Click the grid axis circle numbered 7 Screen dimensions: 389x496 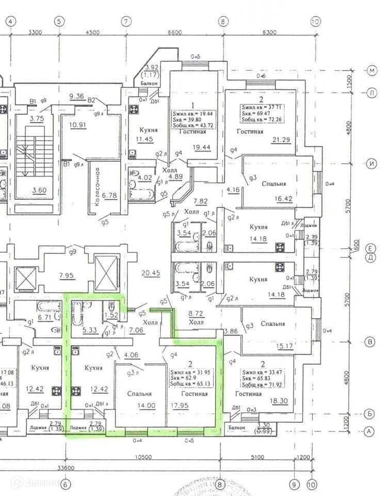point(126,22)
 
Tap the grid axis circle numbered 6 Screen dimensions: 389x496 point(66,485)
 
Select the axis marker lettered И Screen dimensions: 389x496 point(371,164)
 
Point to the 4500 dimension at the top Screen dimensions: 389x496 point(91,33)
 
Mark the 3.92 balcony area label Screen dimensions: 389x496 point(152,67)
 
